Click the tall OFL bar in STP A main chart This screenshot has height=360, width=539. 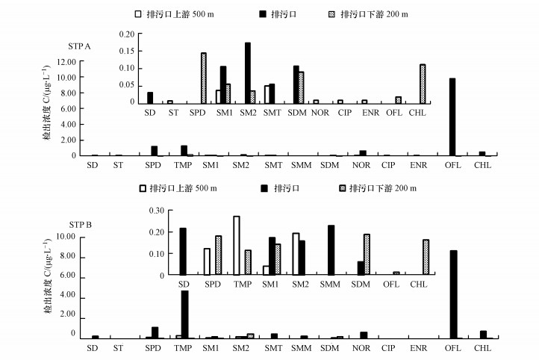452,117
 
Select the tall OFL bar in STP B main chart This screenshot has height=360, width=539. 453,294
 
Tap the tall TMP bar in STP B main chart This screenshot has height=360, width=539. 184,314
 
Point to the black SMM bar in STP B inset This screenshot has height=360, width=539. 331,250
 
